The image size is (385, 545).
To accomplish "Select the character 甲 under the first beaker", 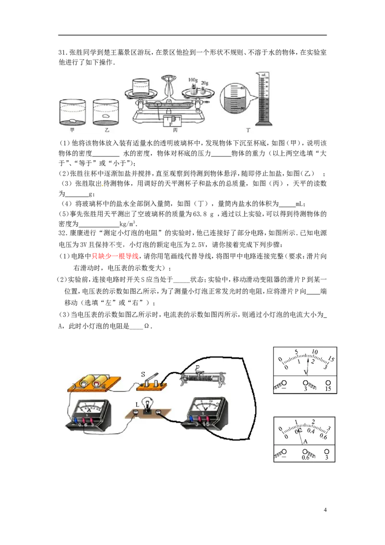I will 72,130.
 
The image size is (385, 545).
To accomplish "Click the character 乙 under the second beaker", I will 105,130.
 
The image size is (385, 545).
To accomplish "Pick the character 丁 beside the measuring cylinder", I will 248,130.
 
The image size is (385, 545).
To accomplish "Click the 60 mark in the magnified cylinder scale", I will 243,88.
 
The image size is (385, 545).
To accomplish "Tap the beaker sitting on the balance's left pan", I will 143,87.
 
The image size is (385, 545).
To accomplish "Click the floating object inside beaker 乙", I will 106,116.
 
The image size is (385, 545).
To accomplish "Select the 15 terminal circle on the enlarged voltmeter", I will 328,383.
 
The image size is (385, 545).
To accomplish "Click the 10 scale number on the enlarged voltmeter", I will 315,351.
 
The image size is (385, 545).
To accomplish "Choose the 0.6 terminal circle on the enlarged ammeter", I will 305,452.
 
